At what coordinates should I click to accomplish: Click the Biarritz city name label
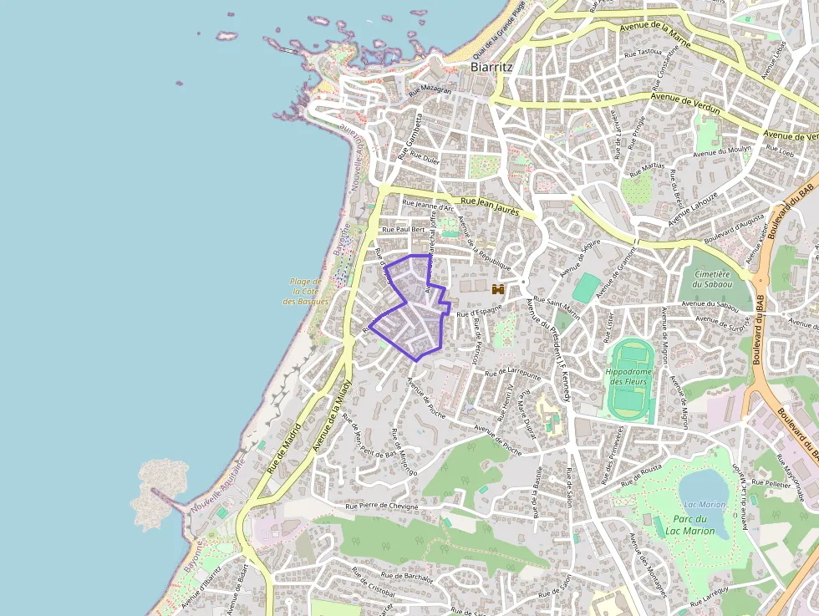click(x=491, y=66)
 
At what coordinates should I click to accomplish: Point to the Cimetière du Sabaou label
click(x=711, y=279)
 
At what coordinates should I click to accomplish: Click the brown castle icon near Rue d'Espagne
click(x=499, y=289)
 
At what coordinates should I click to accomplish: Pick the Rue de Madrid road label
click(x=284, y=451)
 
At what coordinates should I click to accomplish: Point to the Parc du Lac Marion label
click(x=689, y=525)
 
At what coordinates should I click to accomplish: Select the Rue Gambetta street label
click(x=410, y=138)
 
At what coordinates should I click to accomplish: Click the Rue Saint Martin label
click(x=556, y=306)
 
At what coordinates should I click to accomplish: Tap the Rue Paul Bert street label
click(x=404, y=228)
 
